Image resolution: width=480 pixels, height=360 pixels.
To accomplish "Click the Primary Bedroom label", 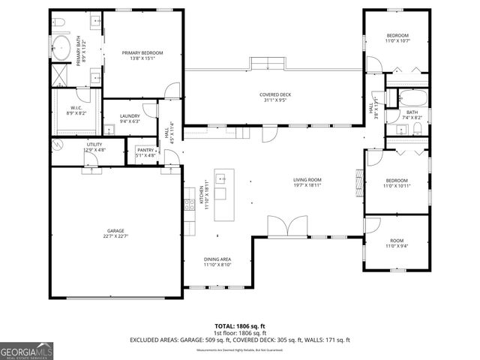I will pyautogui.click(x=142, y=55).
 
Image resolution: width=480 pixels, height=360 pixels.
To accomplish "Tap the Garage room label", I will pyautogui.click(x=115, y=233).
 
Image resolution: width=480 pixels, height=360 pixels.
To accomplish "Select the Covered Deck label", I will pyautogui.click(x=275, y=97).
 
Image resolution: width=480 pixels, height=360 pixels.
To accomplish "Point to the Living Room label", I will pyautogui.click(x=307, y=182).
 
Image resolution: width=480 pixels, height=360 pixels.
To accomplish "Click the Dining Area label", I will pyautogui.click(x=217, y=262).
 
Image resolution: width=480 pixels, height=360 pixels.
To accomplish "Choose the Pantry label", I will pyautogui.click(x=145, y=153).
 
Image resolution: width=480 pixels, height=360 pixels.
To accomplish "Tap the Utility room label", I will pyautogui.click(x=94, y=146).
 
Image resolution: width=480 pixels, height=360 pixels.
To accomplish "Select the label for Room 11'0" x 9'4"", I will pyautogui.click(x=397, y=243).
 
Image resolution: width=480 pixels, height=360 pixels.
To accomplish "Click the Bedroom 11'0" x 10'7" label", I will pyautogui.click(x=397, y=38).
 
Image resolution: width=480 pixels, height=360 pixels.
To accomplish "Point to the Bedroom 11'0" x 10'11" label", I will pyautogui.click(x=397, y=183).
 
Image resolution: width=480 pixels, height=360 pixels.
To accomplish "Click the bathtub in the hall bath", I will pyautogui.click(x=412, y=97).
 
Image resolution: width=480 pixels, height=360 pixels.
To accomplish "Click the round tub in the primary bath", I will pyautogui.click(x=61, y=50).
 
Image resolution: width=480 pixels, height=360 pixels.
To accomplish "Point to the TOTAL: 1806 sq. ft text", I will pyautogui.click(x=240, y=325).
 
